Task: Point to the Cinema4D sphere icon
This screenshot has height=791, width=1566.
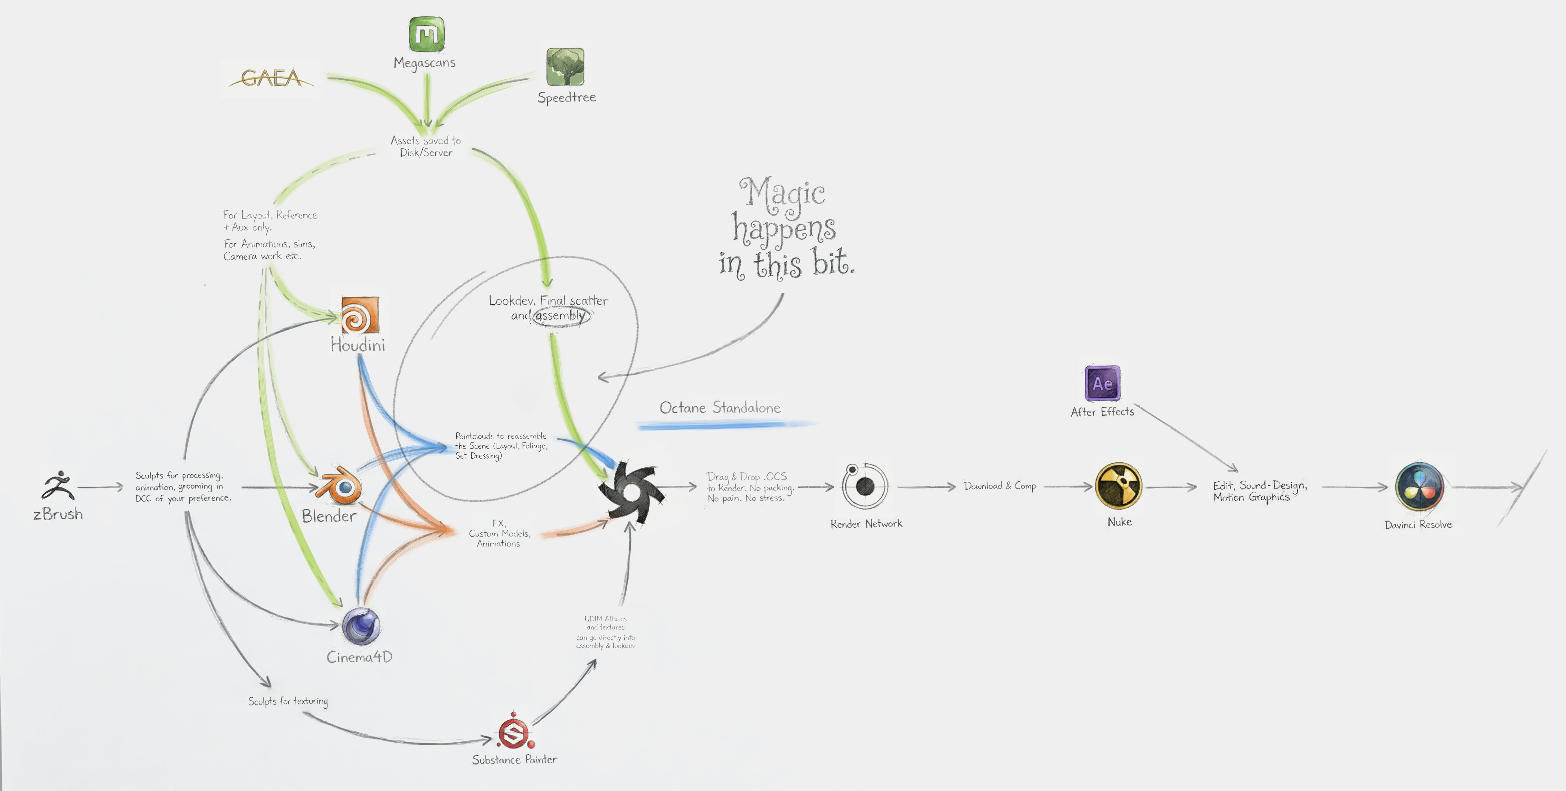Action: [361, 626]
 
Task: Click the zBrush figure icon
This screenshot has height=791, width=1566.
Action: [58, 485]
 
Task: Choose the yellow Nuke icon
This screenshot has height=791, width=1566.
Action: [1119, 486]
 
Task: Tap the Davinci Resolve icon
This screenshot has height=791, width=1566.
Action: [1419, 487]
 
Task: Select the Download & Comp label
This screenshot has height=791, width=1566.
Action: [1000, 486]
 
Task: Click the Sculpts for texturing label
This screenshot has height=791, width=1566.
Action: [288, 701]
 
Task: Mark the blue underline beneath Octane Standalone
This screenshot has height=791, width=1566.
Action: [723, 425]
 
